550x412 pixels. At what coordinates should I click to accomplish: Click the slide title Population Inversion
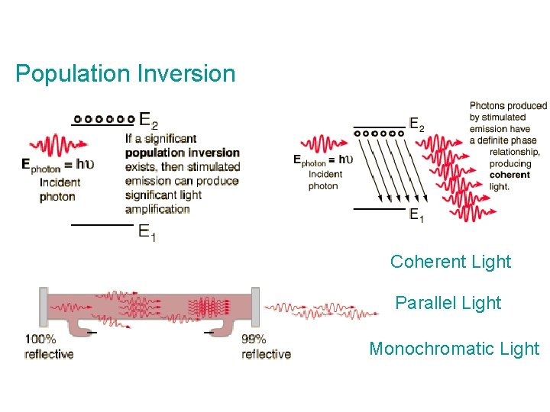[125, 74]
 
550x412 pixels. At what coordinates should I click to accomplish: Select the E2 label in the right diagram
[417, 124]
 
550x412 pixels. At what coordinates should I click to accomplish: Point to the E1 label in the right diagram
[417, 214]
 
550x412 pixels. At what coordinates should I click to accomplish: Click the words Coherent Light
[450, 262]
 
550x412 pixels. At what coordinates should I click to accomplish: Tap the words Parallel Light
[448, 303]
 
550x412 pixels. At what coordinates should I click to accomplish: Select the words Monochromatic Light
[454, 349]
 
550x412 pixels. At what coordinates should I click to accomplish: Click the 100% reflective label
[49, 346]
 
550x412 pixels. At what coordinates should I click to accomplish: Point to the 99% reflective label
[266, 346]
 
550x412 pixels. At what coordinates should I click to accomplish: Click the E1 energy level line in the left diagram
[102, 225]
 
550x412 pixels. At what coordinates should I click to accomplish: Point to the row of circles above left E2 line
[105, 118]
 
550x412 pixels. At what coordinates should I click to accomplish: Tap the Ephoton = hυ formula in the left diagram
[58, 164]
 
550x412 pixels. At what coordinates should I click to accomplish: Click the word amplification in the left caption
[157, 208]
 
